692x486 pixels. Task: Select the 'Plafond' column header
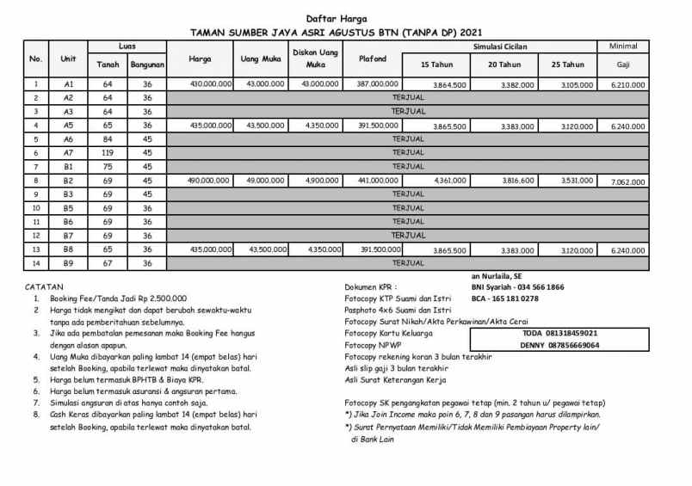[372, 59]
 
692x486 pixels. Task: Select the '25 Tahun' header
[567, 65]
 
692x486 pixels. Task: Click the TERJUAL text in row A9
[408, 262]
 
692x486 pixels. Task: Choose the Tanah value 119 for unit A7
[108, 152]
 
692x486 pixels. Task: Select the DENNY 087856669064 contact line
[547, 345]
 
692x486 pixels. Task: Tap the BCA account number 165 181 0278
[504, 298]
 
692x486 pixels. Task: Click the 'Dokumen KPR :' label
[372, 286]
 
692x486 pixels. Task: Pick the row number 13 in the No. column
[35, 249]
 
